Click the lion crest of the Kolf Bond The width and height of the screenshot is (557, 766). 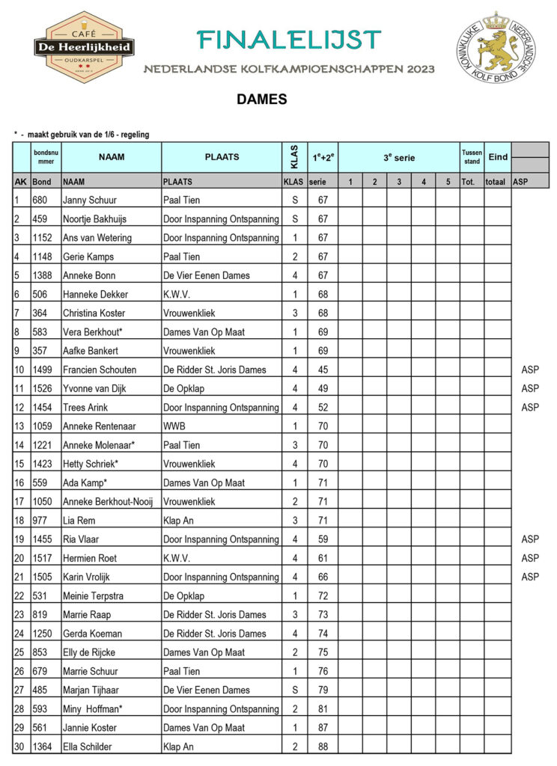[x=490, y=46]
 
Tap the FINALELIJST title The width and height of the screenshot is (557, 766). [x=289, y=40]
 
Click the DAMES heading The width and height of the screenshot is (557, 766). [x=261, y=99]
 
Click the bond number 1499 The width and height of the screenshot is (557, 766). [x=43, y=370]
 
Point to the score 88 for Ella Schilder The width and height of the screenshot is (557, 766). [x=323, y=746]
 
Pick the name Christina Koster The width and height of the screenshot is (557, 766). [x=94, y=313]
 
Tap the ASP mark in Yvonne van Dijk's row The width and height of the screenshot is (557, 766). [x=529, y=388]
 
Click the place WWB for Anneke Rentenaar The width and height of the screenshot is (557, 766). [x=174, y=426]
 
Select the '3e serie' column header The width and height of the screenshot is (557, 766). [x=398, y=158]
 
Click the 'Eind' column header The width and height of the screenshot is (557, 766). [x=497, y=157]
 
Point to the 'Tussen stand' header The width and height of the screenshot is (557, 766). [x=472, y=157]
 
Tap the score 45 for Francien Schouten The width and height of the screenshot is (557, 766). [x=323, y=370]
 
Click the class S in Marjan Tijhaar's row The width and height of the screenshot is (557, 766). [x=294, y=690]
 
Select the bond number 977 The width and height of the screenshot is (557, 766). [x=40, y=520]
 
